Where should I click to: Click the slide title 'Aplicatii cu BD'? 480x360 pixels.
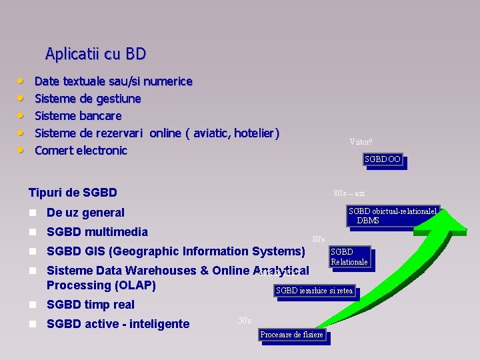95,53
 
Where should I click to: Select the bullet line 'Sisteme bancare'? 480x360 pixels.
77,116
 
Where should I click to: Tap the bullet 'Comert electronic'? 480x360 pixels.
81,151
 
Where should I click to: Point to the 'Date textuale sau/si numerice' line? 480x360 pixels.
113,81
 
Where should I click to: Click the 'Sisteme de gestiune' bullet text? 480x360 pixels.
87,99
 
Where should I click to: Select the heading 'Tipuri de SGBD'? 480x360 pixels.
73,193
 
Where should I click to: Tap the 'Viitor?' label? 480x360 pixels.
361,141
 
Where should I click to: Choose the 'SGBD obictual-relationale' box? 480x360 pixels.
392,215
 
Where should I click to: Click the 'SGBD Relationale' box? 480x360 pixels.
349,257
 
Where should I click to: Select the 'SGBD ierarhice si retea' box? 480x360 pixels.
314,290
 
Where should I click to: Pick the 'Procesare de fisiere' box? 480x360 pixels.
291,335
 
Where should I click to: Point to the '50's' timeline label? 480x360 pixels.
245,320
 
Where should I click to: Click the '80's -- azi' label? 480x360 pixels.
349,193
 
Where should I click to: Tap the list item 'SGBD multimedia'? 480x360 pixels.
97,232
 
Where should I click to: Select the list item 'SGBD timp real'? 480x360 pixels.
90,305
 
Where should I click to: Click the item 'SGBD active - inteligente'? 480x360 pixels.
117,324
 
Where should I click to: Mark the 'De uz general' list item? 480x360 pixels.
85,213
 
